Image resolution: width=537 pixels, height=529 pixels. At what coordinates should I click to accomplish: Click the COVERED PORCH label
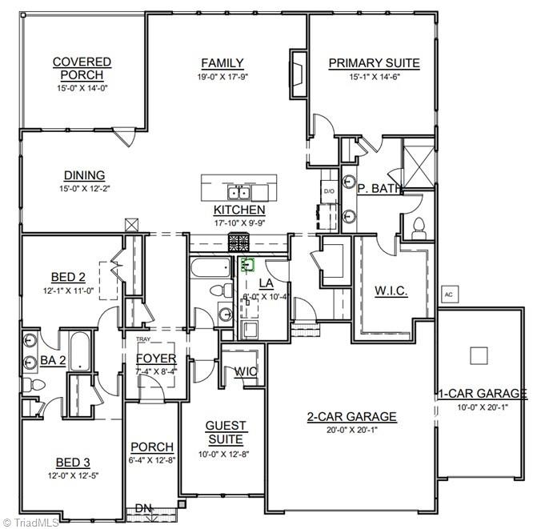[x=82, y=68]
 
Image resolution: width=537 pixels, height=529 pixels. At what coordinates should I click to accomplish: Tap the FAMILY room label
[x=222, y=63]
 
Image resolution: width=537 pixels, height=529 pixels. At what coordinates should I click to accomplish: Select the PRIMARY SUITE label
[x=374, y=63]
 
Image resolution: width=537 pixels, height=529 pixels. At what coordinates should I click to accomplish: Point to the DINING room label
[x=85, y=176]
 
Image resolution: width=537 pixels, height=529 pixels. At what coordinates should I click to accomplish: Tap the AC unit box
[x=449, y=293]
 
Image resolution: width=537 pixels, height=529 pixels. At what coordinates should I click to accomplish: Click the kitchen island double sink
[x=238, y=193]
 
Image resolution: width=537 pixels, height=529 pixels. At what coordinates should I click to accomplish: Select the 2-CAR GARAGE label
[x=352, y=416]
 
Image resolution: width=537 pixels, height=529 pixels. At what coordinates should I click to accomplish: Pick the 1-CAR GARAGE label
[x=482, y=393]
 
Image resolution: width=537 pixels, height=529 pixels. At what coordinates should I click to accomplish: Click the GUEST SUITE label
[x=226, y=432]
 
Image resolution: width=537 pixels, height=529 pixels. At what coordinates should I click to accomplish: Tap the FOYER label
[x=156, y=359]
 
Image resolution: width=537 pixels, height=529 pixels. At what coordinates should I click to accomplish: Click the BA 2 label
[x=53, y=361]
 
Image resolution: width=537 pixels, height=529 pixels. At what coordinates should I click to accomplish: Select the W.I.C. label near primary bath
[x=391, y=291]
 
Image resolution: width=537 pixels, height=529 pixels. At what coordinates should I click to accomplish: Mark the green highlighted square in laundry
[x=247, y=263]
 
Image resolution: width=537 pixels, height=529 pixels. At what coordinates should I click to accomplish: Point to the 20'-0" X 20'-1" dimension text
[x=352, y=430]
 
